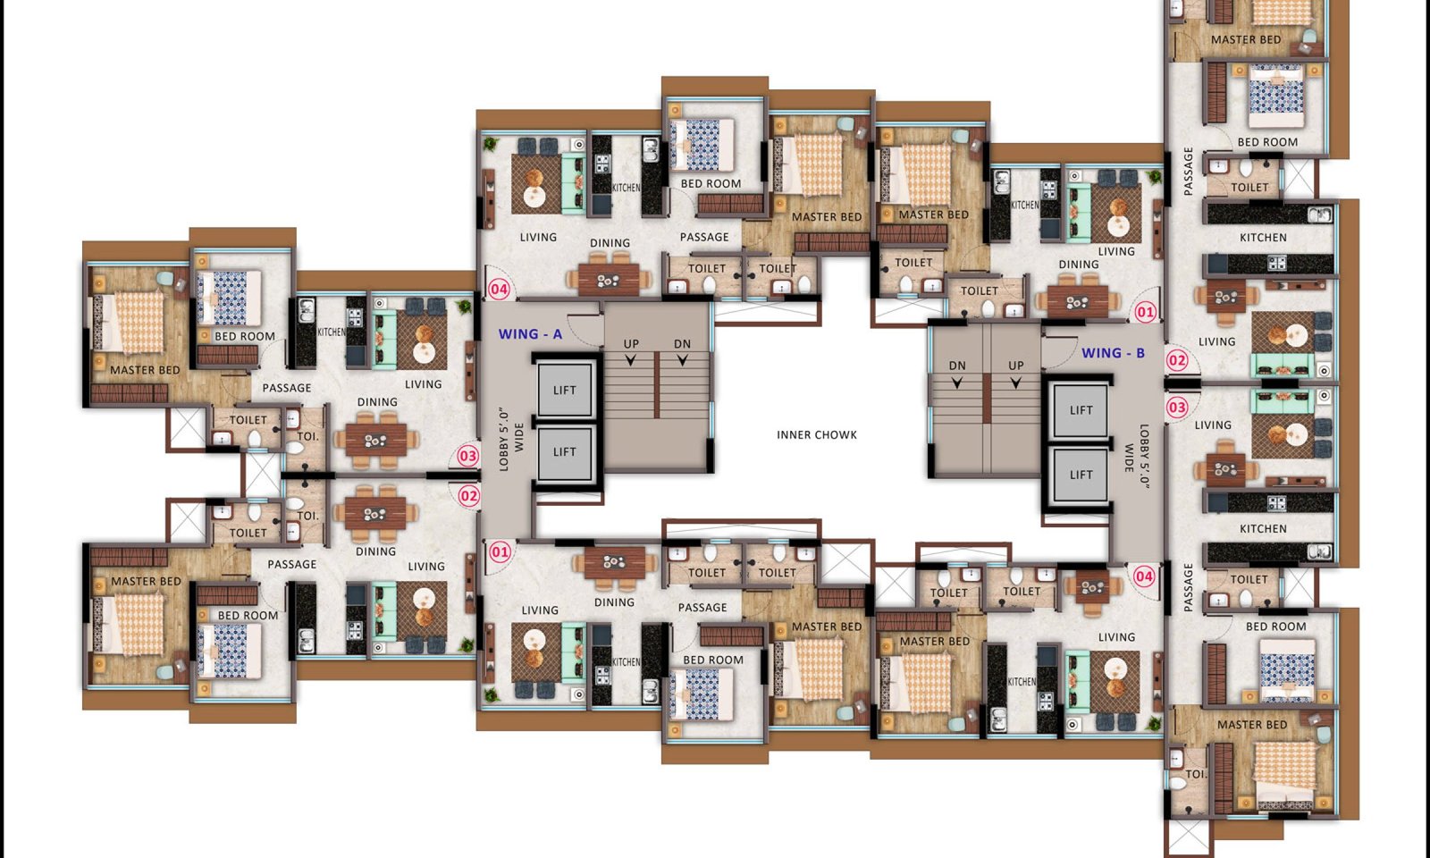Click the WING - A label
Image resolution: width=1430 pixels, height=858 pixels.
click(x=530, y=334)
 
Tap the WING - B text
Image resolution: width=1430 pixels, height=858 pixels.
click(x=1113, y=352)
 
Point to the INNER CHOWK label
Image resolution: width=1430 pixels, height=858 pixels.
click(x=817, y=434)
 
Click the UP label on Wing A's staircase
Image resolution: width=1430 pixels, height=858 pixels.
click(x=631, y=343)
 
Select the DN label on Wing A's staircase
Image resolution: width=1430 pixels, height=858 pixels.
click(x=682, y=343)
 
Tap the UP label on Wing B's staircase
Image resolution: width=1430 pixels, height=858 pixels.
click(x=1015, y=366)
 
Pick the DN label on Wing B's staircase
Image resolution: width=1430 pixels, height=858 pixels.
click(x=957, y=366)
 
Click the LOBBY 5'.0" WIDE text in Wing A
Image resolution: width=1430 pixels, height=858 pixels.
click(x=510, y=438)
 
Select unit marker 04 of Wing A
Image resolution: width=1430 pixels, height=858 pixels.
click(x=499, y=290)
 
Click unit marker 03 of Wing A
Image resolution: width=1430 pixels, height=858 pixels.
click(x=468, y=456)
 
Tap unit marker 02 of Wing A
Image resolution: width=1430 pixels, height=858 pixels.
click(x=468, y=496)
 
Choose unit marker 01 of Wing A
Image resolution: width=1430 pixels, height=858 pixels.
click(x=500, y=552)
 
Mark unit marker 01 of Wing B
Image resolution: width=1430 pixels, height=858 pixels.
click(x=1145, y=312)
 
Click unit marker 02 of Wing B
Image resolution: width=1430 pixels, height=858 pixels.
click(x=1176, y=361)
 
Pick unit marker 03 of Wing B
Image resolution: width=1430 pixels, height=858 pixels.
click(x=1176, y=408)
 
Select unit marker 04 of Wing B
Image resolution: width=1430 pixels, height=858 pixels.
click(x=1144, y=576)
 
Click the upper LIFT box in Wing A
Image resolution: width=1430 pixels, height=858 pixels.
click(x=565, y=390)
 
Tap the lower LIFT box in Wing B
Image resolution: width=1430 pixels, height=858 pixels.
click(x=1081, y=475)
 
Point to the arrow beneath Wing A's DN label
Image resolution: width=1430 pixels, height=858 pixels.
click(x=682, y=360)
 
